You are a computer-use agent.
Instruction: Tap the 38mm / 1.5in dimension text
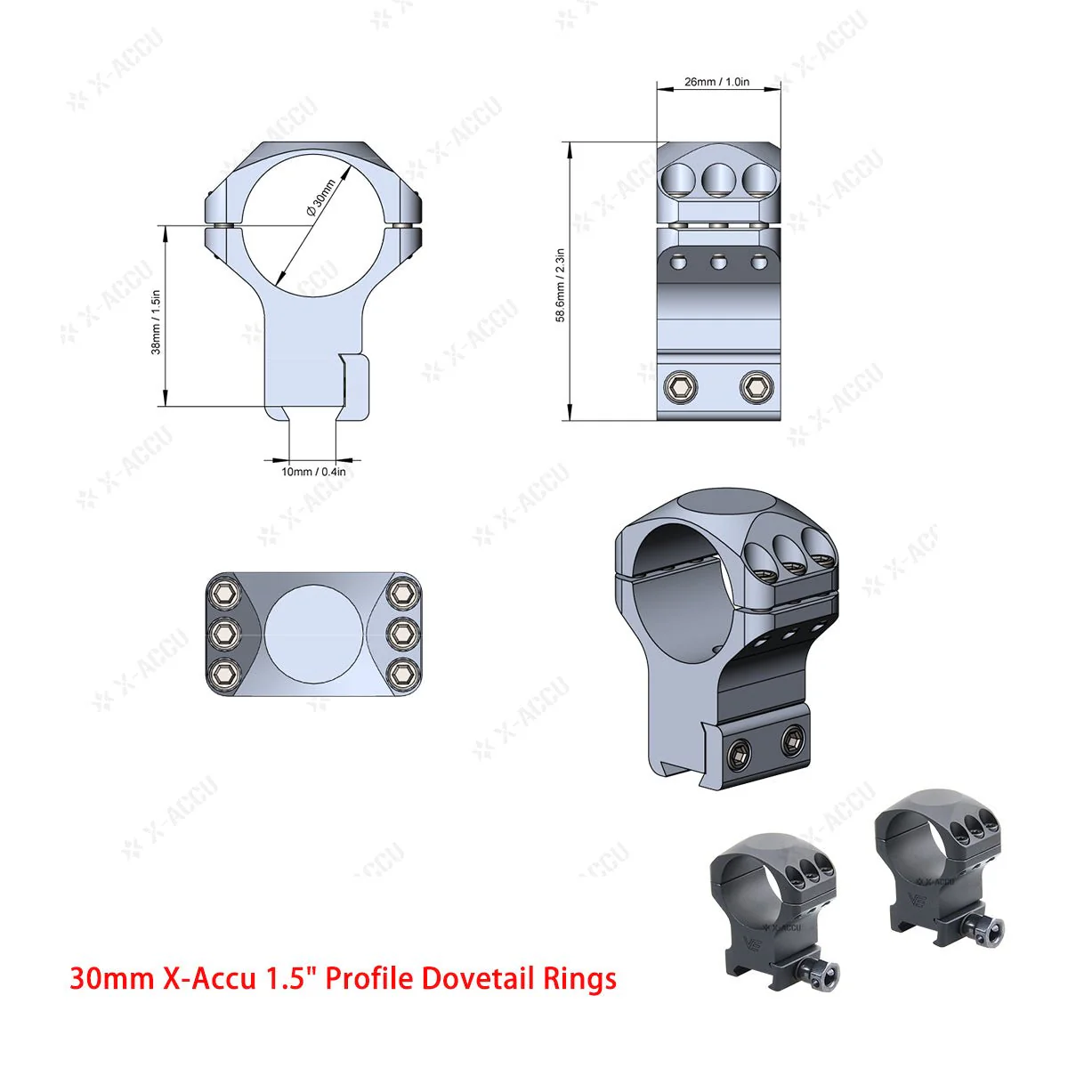156,320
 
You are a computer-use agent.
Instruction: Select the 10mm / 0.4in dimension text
313,472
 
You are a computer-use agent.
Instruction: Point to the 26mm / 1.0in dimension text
717,82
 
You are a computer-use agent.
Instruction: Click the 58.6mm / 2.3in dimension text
561,285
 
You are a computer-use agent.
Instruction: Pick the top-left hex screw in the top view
224,592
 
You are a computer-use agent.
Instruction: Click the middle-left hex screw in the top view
224,632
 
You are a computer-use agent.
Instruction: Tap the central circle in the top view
314,632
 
